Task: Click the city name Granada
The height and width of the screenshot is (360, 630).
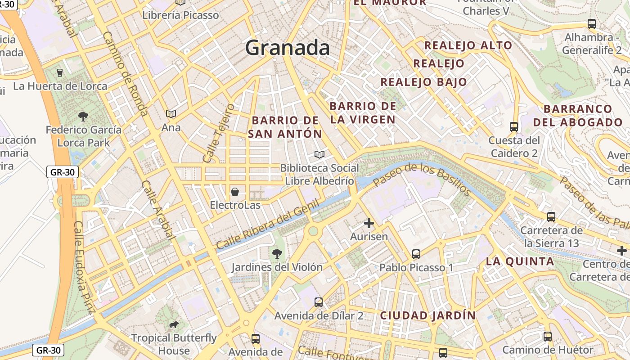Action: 288,48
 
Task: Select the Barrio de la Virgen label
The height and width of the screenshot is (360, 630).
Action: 363,112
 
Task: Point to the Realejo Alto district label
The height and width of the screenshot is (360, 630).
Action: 468,45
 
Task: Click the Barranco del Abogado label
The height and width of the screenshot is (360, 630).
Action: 578,116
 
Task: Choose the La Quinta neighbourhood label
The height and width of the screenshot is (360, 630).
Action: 520,261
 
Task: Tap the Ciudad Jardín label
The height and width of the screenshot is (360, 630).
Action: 427,315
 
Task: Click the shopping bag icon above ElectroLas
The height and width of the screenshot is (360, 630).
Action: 234,192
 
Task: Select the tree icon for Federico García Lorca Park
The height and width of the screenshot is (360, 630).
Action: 83,117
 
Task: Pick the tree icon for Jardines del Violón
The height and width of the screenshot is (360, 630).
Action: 277,254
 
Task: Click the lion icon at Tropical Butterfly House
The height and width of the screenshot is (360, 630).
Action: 174,325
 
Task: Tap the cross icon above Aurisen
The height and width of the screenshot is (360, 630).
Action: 369,223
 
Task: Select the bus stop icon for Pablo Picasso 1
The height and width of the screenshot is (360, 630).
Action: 416,254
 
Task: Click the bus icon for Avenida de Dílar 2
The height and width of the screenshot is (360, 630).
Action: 319,302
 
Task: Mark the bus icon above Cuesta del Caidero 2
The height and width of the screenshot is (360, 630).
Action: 514,127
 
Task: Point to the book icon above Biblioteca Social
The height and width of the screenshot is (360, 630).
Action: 319,155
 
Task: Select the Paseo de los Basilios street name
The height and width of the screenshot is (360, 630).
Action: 422,180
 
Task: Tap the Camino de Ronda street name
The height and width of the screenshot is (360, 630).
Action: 125,73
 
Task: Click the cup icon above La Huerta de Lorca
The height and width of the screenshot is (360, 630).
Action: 60,72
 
